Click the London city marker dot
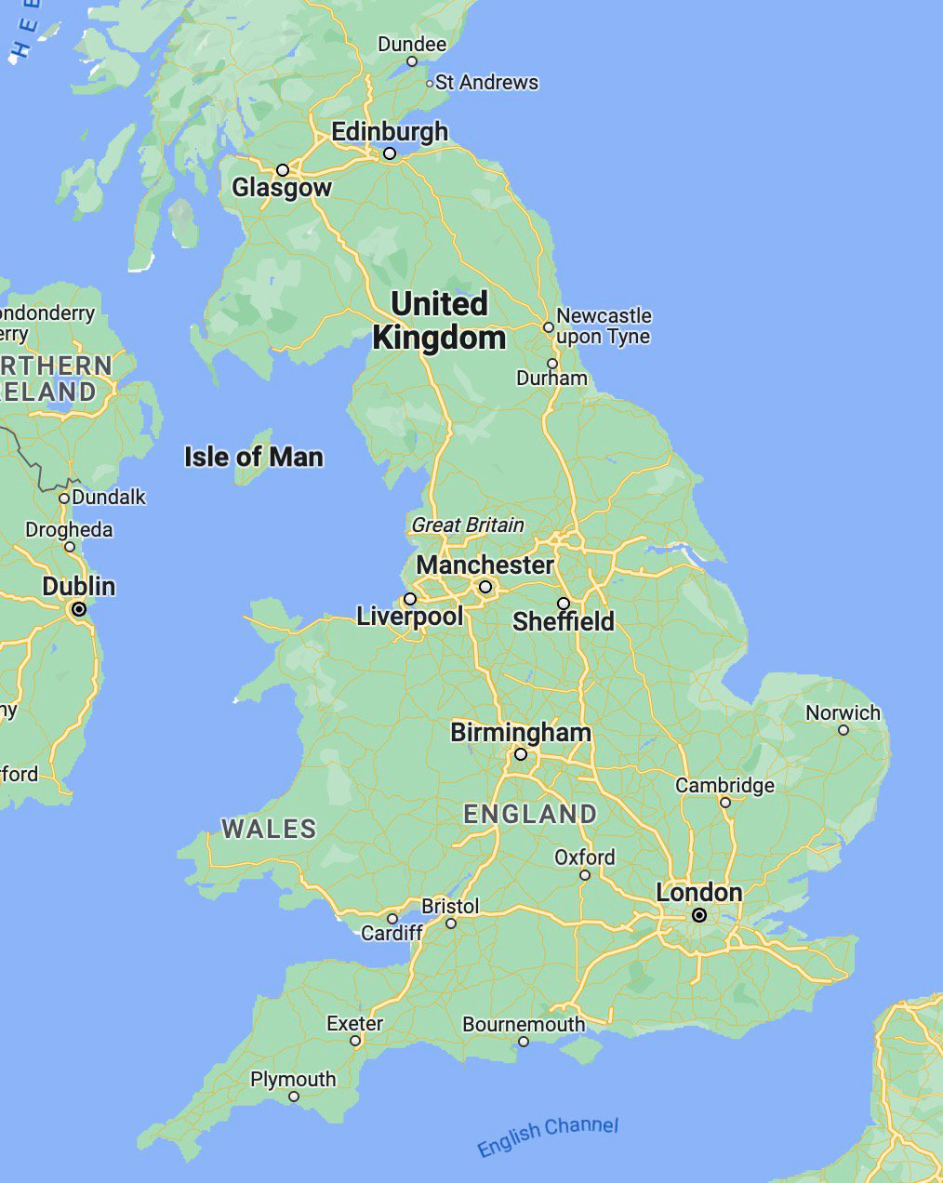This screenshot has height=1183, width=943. click(x=699, y=915)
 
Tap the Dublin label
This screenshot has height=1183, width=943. click(x=79, y=586)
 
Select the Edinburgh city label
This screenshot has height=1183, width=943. click(x=390, y=132)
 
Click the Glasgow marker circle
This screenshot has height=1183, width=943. click(x=283, y=170)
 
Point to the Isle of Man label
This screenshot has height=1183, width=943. click(x=253, y=457)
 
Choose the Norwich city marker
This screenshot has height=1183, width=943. click(x=843, y=730)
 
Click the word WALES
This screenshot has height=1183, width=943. click(x=269, y=828)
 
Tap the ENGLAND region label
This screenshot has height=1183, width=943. click(x=530, y=814)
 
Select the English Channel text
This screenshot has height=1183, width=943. click(x=547, y=1136)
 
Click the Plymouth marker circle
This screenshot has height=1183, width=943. click(x=294, y=1097)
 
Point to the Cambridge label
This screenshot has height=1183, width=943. click(x=724, y=785)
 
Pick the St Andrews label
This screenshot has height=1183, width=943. click(x=486, y=82)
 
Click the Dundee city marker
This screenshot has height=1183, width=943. click(x=412, y=61)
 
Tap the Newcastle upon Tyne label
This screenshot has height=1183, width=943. click(x=604, y=326)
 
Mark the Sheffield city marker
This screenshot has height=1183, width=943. click(x=564, y=604)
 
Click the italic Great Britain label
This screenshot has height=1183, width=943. click(x=467, y=525)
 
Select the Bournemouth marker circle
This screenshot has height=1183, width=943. click(x=524, y=1042)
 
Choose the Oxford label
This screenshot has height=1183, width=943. click(x=584, y=857)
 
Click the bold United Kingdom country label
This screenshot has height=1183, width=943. click(x=439, y=320)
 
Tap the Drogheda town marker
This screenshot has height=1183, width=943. click(x=69, y=547)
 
